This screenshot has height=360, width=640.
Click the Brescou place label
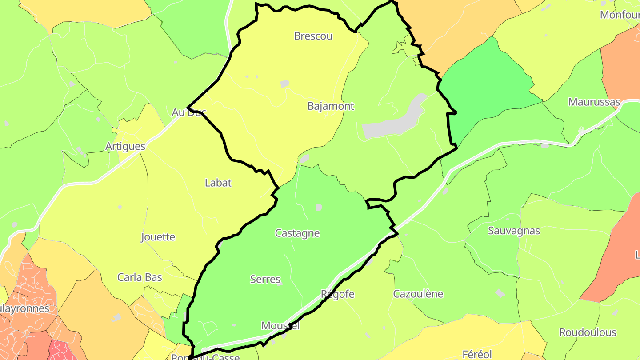coord(313,36)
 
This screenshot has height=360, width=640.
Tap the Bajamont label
coord(331,106)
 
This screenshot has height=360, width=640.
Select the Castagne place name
coord(297,233)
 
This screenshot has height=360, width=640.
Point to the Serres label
coord(265,280)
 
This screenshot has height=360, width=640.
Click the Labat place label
coord(218,183)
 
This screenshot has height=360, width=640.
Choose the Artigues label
coord(125,147)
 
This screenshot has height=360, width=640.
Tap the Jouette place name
coord(158,237)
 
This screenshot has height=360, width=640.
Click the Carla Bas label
coord(140,277)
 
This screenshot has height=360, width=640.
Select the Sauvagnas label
coord(514,231)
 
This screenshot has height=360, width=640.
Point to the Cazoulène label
coord(418,294)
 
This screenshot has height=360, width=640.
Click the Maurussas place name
coord(594,102)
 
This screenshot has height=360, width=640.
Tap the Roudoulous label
coord(588,332)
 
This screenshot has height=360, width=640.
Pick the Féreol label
coord(477,354)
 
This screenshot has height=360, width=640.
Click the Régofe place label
coord(338,294)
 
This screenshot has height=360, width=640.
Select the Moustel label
coord(280,326)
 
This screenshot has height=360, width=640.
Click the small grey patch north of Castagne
coord(318,207)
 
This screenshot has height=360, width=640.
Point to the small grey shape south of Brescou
coord(284,84)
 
